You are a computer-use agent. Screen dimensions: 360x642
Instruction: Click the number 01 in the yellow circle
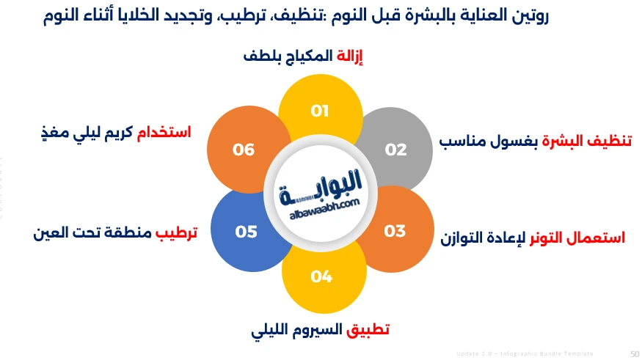(x=319, y=111)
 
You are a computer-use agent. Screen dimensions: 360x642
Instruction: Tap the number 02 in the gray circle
(x=395, y=150)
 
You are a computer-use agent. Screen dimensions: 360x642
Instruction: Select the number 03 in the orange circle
(x=395, y=231)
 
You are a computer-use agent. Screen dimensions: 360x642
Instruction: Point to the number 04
(x=321, y=276)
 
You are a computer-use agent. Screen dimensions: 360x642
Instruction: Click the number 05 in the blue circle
(x=246, y=232)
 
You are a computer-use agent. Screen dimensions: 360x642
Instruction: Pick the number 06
(x=244, y=150)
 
